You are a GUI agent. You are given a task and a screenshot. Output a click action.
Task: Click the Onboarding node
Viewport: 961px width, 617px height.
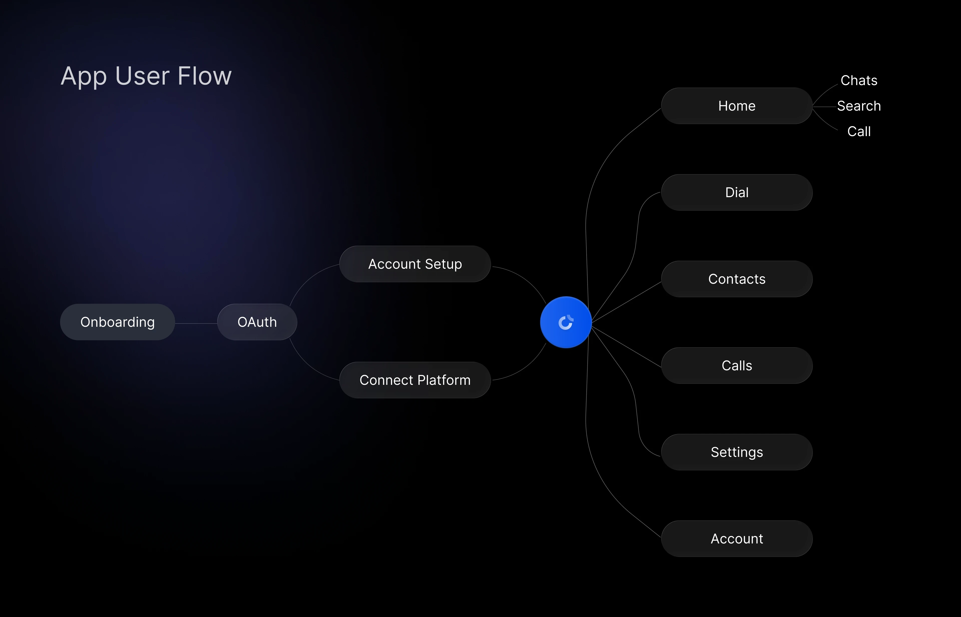tap(117, 322)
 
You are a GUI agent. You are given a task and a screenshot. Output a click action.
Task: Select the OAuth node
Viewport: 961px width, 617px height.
tap(257, 322)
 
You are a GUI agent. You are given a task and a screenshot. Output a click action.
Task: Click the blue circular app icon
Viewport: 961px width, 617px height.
tap(565, 322)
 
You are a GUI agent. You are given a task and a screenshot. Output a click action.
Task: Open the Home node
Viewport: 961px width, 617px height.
tap(737, 106)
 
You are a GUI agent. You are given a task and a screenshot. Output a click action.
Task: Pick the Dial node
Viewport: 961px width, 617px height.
tap(737, 192)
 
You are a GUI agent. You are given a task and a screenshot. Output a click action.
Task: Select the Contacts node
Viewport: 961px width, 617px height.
tap(737, 279)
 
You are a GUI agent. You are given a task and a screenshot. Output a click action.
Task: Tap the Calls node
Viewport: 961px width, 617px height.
tap(737, 365)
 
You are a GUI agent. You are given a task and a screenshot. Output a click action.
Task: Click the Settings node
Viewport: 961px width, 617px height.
tap(737, 452)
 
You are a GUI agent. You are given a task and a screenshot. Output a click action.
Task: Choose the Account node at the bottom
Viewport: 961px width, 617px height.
tap(737, 538)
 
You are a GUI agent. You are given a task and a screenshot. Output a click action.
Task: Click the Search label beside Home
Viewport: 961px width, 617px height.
tap(859, 106)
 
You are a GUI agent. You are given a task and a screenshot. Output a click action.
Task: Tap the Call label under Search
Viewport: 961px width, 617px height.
tap(859, 131)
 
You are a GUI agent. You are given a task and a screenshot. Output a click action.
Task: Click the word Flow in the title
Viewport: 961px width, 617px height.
tap(204, 76)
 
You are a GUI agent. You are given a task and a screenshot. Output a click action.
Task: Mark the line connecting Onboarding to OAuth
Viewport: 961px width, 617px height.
tap(196, 323)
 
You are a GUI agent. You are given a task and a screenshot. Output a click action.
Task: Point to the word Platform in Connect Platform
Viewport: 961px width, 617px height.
tap(444, 380)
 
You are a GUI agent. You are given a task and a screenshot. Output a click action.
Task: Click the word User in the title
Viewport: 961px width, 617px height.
tap(142, 76)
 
